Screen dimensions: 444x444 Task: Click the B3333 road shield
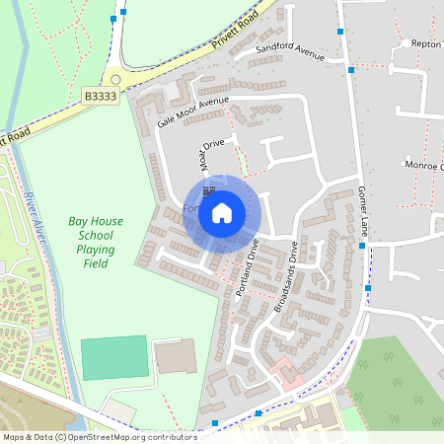tap(100, 97)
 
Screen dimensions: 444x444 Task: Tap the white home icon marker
tap(222, 212)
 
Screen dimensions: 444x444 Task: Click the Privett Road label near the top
tap(234, 32)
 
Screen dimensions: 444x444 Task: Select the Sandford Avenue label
tap(290, 50)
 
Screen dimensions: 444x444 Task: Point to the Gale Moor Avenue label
tap(192, 111)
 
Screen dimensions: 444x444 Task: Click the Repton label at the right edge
tap(426, 44)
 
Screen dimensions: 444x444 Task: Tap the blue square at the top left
tap(114, 18)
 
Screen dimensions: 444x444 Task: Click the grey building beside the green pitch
tap(176, 355)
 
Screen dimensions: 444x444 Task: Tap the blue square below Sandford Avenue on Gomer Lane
tap(351, 70)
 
